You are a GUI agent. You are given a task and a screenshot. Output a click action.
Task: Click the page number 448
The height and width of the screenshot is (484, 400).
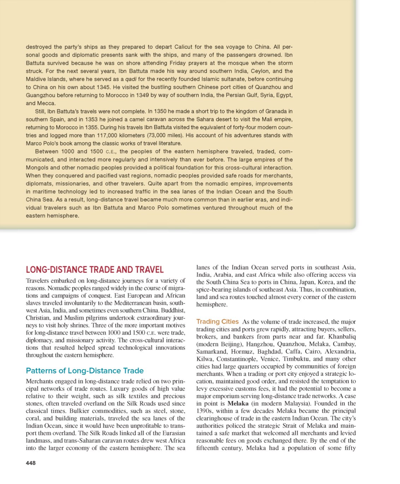tap(31, 463)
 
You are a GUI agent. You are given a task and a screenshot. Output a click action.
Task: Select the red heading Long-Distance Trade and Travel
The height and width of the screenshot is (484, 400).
tap(95, 270)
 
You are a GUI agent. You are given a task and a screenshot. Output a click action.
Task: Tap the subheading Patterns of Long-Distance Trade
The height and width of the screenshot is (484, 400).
tap(85, 371)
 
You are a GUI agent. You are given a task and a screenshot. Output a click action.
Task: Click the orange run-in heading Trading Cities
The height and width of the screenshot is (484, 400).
tap(217, 321)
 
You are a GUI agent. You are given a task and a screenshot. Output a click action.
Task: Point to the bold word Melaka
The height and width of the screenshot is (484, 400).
tap(238, 403)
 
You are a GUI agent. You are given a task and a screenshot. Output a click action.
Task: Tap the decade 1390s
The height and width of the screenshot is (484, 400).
tap(205, 411)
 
